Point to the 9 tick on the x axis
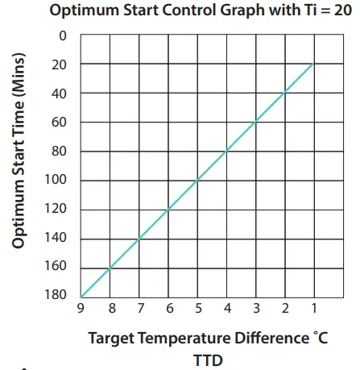81,309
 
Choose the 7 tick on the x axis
139,309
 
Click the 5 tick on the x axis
197,309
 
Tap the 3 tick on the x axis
255,309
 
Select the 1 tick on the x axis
313,309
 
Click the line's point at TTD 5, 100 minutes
197,180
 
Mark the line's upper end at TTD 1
313,64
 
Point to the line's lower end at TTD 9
81,296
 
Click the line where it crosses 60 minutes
255,123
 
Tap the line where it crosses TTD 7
139,238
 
